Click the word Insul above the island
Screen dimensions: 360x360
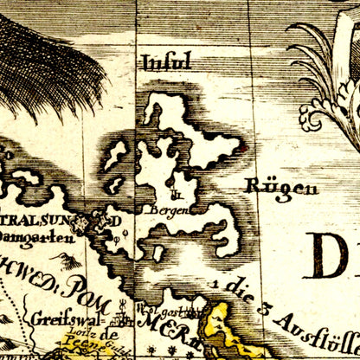(165, 62)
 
